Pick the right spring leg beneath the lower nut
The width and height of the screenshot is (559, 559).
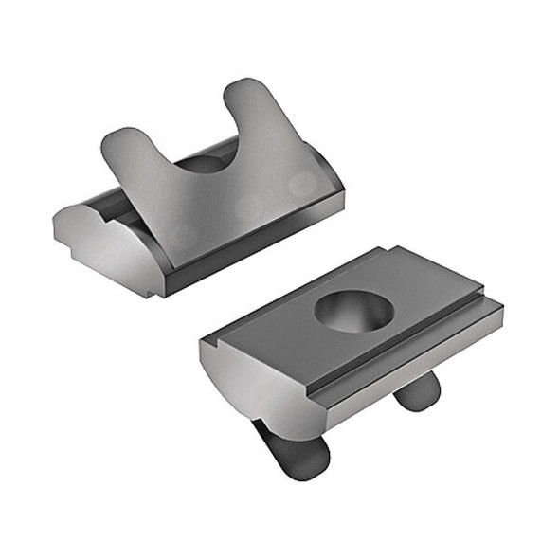pos(417,388)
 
